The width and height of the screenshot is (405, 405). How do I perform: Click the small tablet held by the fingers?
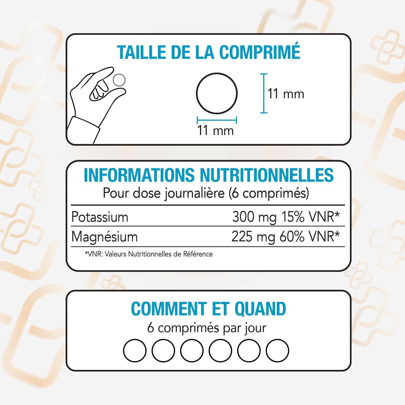pos(119,80)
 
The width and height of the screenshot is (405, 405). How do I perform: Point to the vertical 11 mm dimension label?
pos(286,94)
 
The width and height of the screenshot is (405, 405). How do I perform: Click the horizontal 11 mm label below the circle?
pos(215,130)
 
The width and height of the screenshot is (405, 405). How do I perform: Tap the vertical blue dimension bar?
pos(264,93)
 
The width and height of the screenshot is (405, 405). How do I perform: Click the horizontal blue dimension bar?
pos(217,120)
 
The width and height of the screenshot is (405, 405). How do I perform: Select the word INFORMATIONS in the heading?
pos(139,175)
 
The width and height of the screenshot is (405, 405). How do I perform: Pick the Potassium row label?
pos(100,217)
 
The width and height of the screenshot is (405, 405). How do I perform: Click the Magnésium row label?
pos(104,237)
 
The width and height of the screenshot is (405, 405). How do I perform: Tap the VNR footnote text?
pos(149,254)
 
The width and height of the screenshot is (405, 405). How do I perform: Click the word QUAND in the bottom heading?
pos(260,309)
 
